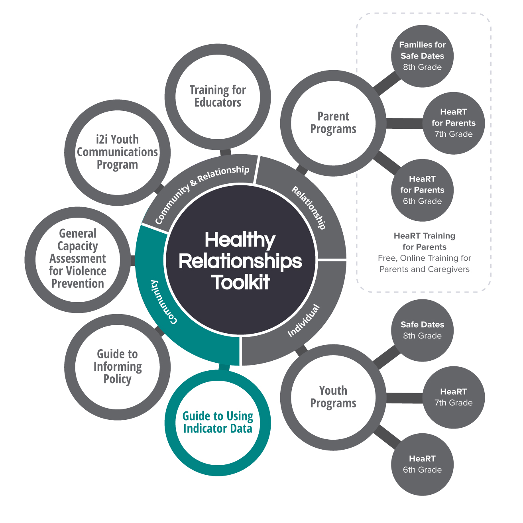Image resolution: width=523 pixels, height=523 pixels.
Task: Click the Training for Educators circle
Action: coord(218,96)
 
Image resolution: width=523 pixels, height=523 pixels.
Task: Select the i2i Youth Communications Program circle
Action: coord(117,152)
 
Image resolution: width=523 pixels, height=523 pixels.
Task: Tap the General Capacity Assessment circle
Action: coord(78,259)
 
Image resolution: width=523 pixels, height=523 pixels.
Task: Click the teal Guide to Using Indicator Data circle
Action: coord(218,423)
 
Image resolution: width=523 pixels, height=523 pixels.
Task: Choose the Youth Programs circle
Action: coord(333,397)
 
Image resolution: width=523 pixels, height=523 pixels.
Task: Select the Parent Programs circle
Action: coord(333,123)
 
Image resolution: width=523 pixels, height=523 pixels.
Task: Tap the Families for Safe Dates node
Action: coord(422,56)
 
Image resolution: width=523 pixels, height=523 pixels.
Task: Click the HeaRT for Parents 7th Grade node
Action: coord(453,123)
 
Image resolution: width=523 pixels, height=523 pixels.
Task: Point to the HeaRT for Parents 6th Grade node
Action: coord(422,190)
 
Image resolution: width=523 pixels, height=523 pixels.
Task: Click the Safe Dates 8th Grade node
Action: coord(422,330)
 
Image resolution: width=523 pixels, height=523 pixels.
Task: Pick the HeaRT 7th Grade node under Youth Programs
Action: coord(453,397)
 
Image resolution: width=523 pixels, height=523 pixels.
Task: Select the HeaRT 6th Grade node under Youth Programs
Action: coord(422,464)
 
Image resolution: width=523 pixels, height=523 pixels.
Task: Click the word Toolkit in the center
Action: coord(241,282)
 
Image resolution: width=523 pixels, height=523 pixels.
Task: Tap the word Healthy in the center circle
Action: coord(240,240)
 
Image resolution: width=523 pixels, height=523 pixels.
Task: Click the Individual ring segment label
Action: coord(304,320)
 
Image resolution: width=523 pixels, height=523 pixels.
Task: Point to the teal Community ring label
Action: coord(163,302)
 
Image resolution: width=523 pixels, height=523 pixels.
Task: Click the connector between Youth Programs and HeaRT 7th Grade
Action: coord(404,398)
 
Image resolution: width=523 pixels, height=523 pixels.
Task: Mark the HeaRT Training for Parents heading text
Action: coord(424,241)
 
